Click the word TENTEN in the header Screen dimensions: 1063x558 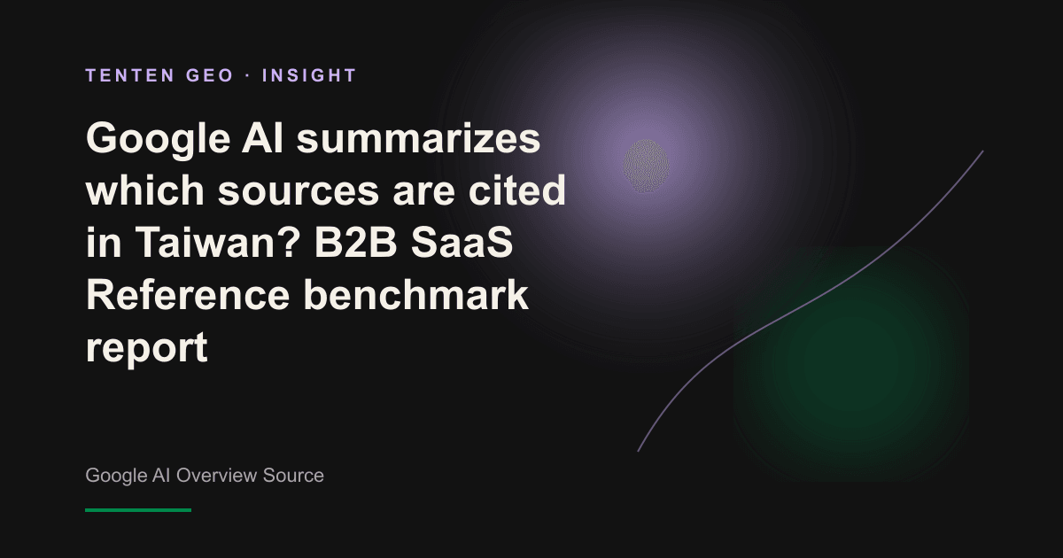[130, 75]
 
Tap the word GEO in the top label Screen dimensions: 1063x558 [210, 75]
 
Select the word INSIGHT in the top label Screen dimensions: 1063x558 [309, 75]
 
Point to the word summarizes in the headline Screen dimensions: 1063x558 [418, 138]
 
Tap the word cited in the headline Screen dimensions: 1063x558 [517, 190]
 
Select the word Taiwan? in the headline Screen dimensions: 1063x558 [218, 242]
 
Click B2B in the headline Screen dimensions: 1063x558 [355, 242]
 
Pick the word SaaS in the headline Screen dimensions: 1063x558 [462, 242]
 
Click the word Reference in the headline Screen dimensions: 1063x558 [188, 294]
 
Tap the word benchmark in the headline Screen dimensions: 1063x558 [415, 294]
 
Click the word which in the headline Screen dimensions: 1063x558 [145, 190]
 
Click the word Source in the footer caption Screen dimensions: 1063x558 [293, 475]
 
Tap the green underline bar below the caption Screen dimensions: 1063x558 [138, 510]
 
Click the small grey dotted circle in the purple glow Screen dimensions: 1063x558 [646, 166]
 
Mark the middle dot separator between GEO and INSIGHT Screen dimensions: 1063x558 [248, 76]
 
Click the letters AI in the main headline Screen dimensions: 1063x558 [263, 137]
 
